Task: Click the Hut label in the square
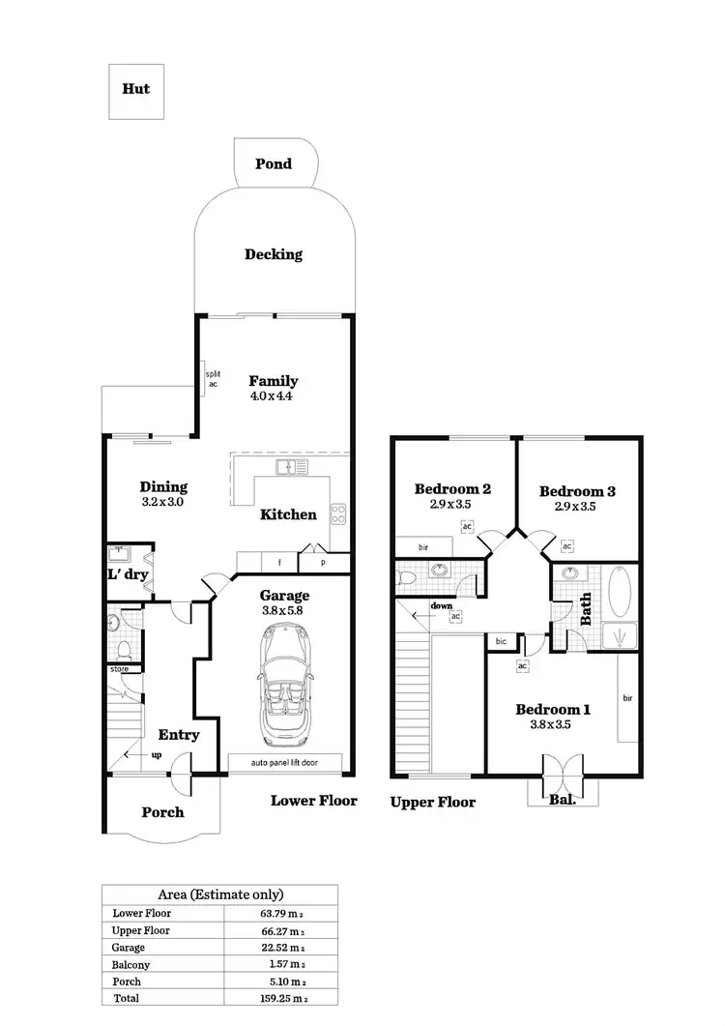(135, 88)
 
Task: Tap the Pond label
(274, 163)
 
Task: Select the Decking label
(274, 254)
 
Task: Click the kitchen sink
(291, 468)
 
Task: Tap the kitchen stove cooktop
(338, 513)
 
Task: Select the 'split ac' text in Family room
(213, 378)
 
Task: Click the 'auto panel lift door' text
(285, 763)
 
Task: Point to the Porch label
(162, 811)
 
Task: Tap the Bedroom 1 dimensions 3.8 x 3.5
(553, 725)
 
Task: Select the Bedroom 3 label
(577, 490)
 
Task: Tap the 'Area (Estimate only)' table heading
(220, 894)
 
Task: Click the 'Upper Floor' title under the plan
(433, 802)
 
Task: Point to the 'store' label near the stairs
(120, 667)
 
